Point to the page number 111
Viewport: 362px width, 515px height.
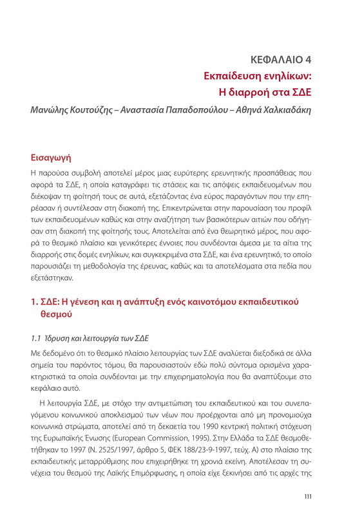click(309, 495)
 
